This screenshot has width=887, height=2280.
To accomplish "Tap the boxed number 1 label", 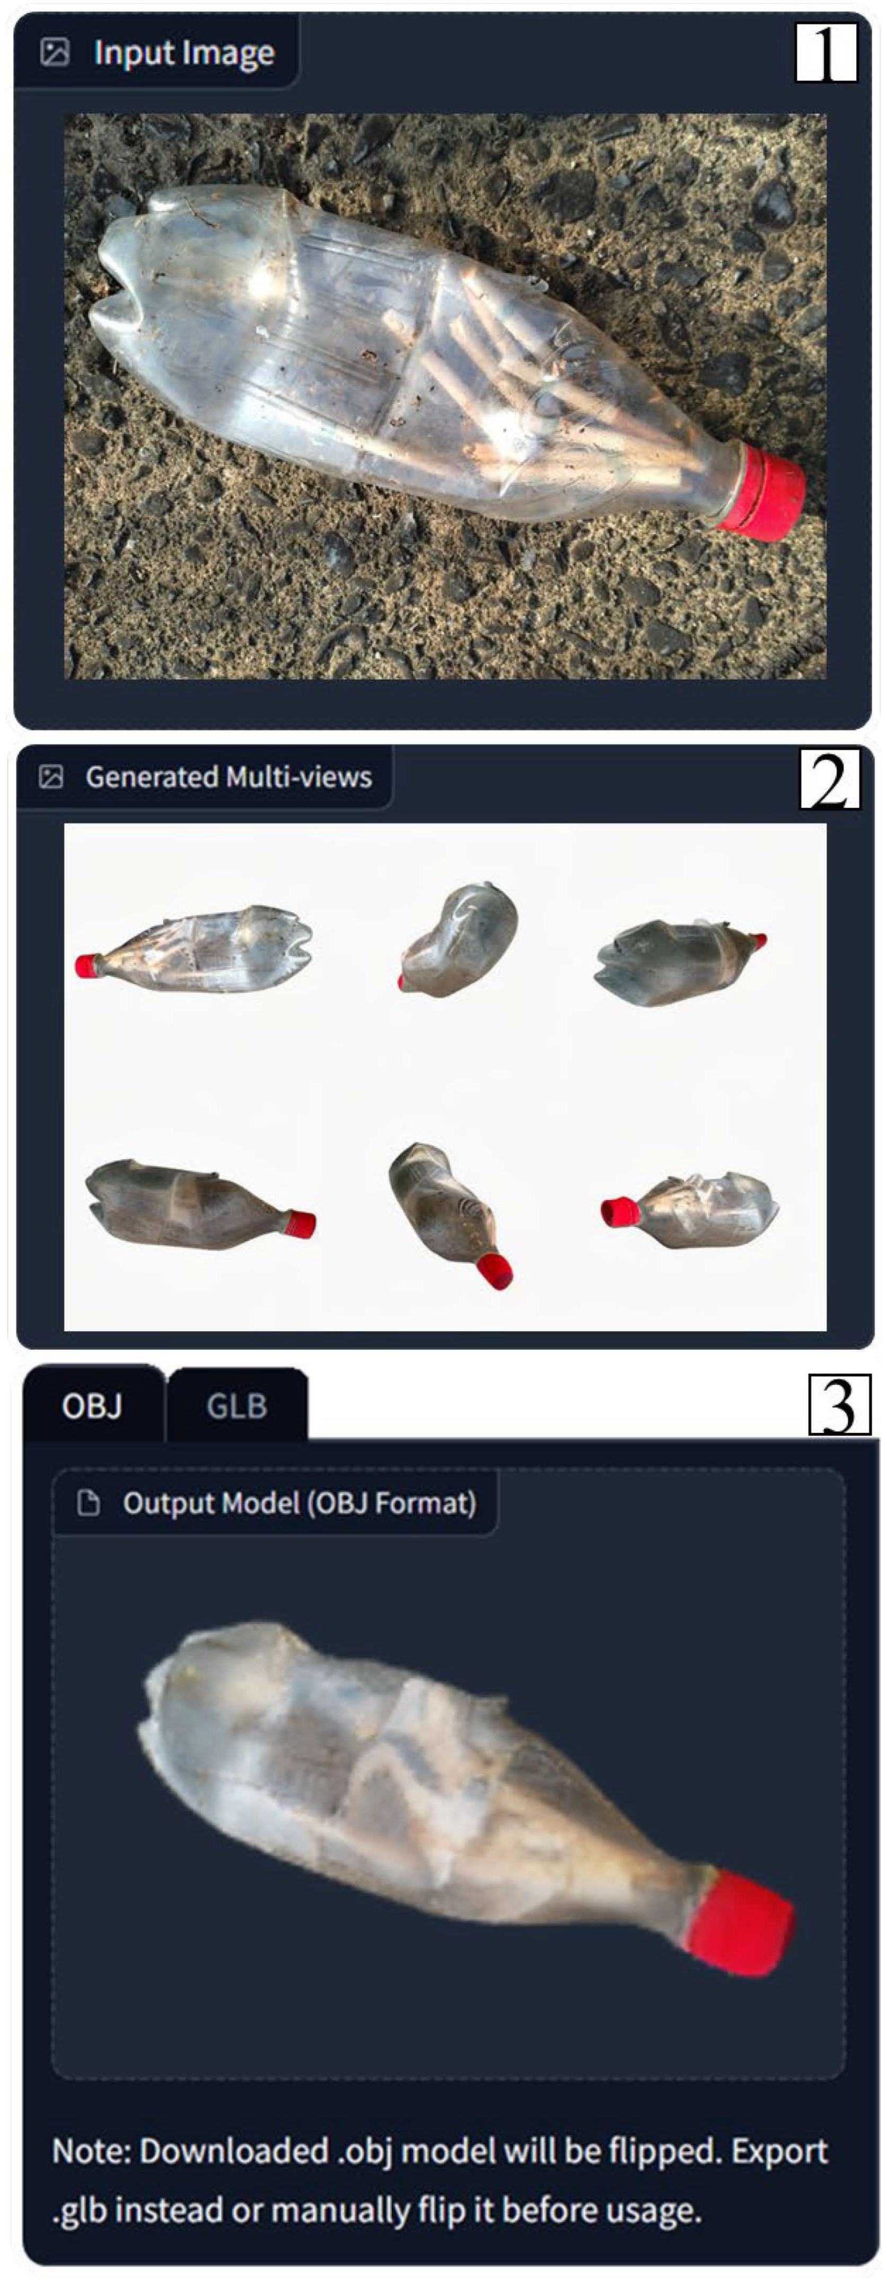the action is (x=827, y=52).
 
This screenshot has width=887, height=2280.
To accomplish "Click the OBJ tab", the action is (x=92, y=1406).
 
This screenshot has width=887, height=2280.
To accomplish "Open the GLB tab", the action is (x=237, y=1406).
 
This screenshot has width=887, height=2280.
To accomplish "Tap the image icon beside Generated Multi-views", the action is (x=51, y=777).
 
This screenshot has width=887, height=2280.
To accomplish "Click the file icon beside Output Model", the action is (x=89, y=1503).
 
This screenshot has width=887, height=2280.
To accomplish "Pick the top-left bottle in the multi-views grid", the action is (x=194, y=950).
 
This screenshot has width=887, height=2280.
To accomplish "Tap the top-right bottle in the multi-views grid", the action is (x=680, y=962).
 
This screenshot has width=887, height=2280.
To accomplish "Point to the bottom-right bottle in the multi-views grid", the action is (x=690, y=1209).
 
